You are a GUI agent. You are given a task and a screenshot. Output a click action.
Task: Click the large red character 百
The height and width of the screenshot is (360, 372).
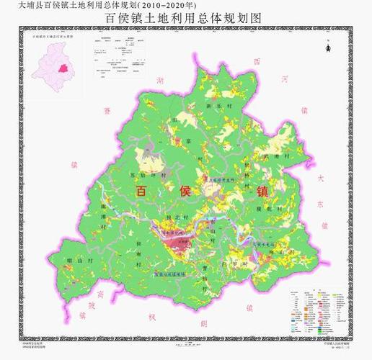coord(143,191)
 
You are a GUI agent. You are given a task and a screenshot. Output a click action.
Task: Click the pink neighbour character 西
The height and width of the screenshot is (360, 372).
coord(257,61)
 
